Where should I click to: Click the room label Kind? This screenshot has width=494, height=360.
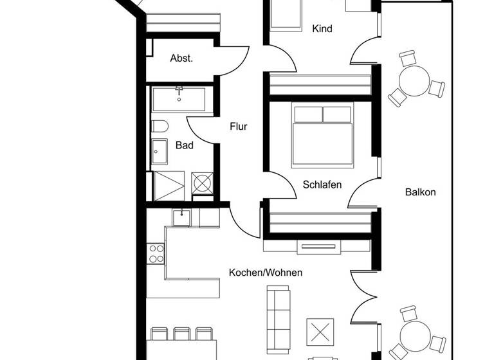coord(322,28)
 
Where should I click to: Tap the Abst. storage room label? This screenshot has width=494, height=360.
coord(181,58)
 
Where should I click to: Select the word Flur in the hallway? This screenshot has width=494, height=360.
coord(239,127)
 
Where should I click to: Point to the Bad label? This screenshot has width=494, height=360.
coord(185,145)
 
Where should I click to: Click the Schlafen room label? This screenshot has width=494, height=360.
coord(322,185)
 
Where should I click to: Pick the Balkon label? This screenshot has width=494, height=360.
coord(421,192)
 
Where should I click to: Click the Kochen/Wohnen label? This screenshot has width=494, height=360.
coord(266,273)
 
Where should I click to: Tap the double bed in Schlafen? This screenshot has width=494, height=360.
coord(322,135)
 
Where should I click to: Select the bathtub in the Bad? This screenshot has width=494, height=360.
coord(179,100)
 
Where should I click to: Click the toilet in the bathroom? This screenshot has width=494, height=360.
coord(160,126)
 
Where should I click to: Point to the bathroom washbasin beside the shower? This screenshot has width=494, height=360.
coord(160,153)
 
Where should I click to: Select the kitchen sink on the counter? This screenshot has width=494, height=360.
coord(182,217)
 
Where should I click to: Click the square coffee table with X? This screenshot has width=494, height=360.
coord(320,332)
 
